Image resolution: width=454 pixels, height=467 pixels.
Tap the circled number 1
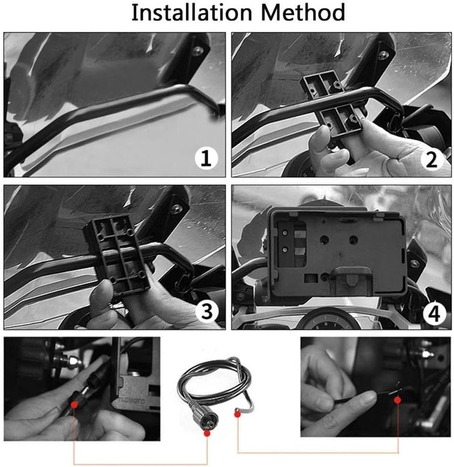tap(206, 158)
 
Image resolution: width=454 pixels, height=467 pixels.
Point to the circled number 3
tap(206, 311)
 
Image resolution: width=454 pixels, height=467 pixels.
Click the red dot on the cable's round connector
tap(207, 433)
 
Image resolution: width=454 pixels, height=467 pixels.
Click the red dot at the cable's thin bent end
tap(237, 414)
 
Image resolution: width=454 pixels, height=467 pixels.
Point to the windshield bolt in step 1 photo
tap(196, 50)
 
